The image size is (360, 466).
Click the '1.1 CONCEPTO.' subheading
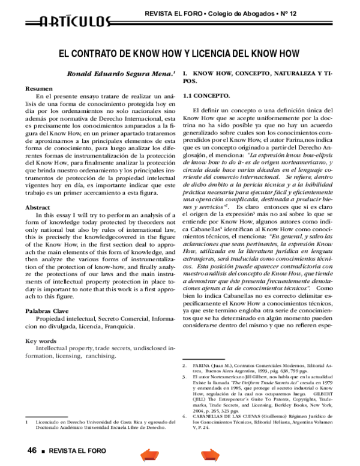(x=206, y=95)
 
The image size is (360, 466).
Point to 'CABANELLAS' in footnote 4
(x=212, y=413)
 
